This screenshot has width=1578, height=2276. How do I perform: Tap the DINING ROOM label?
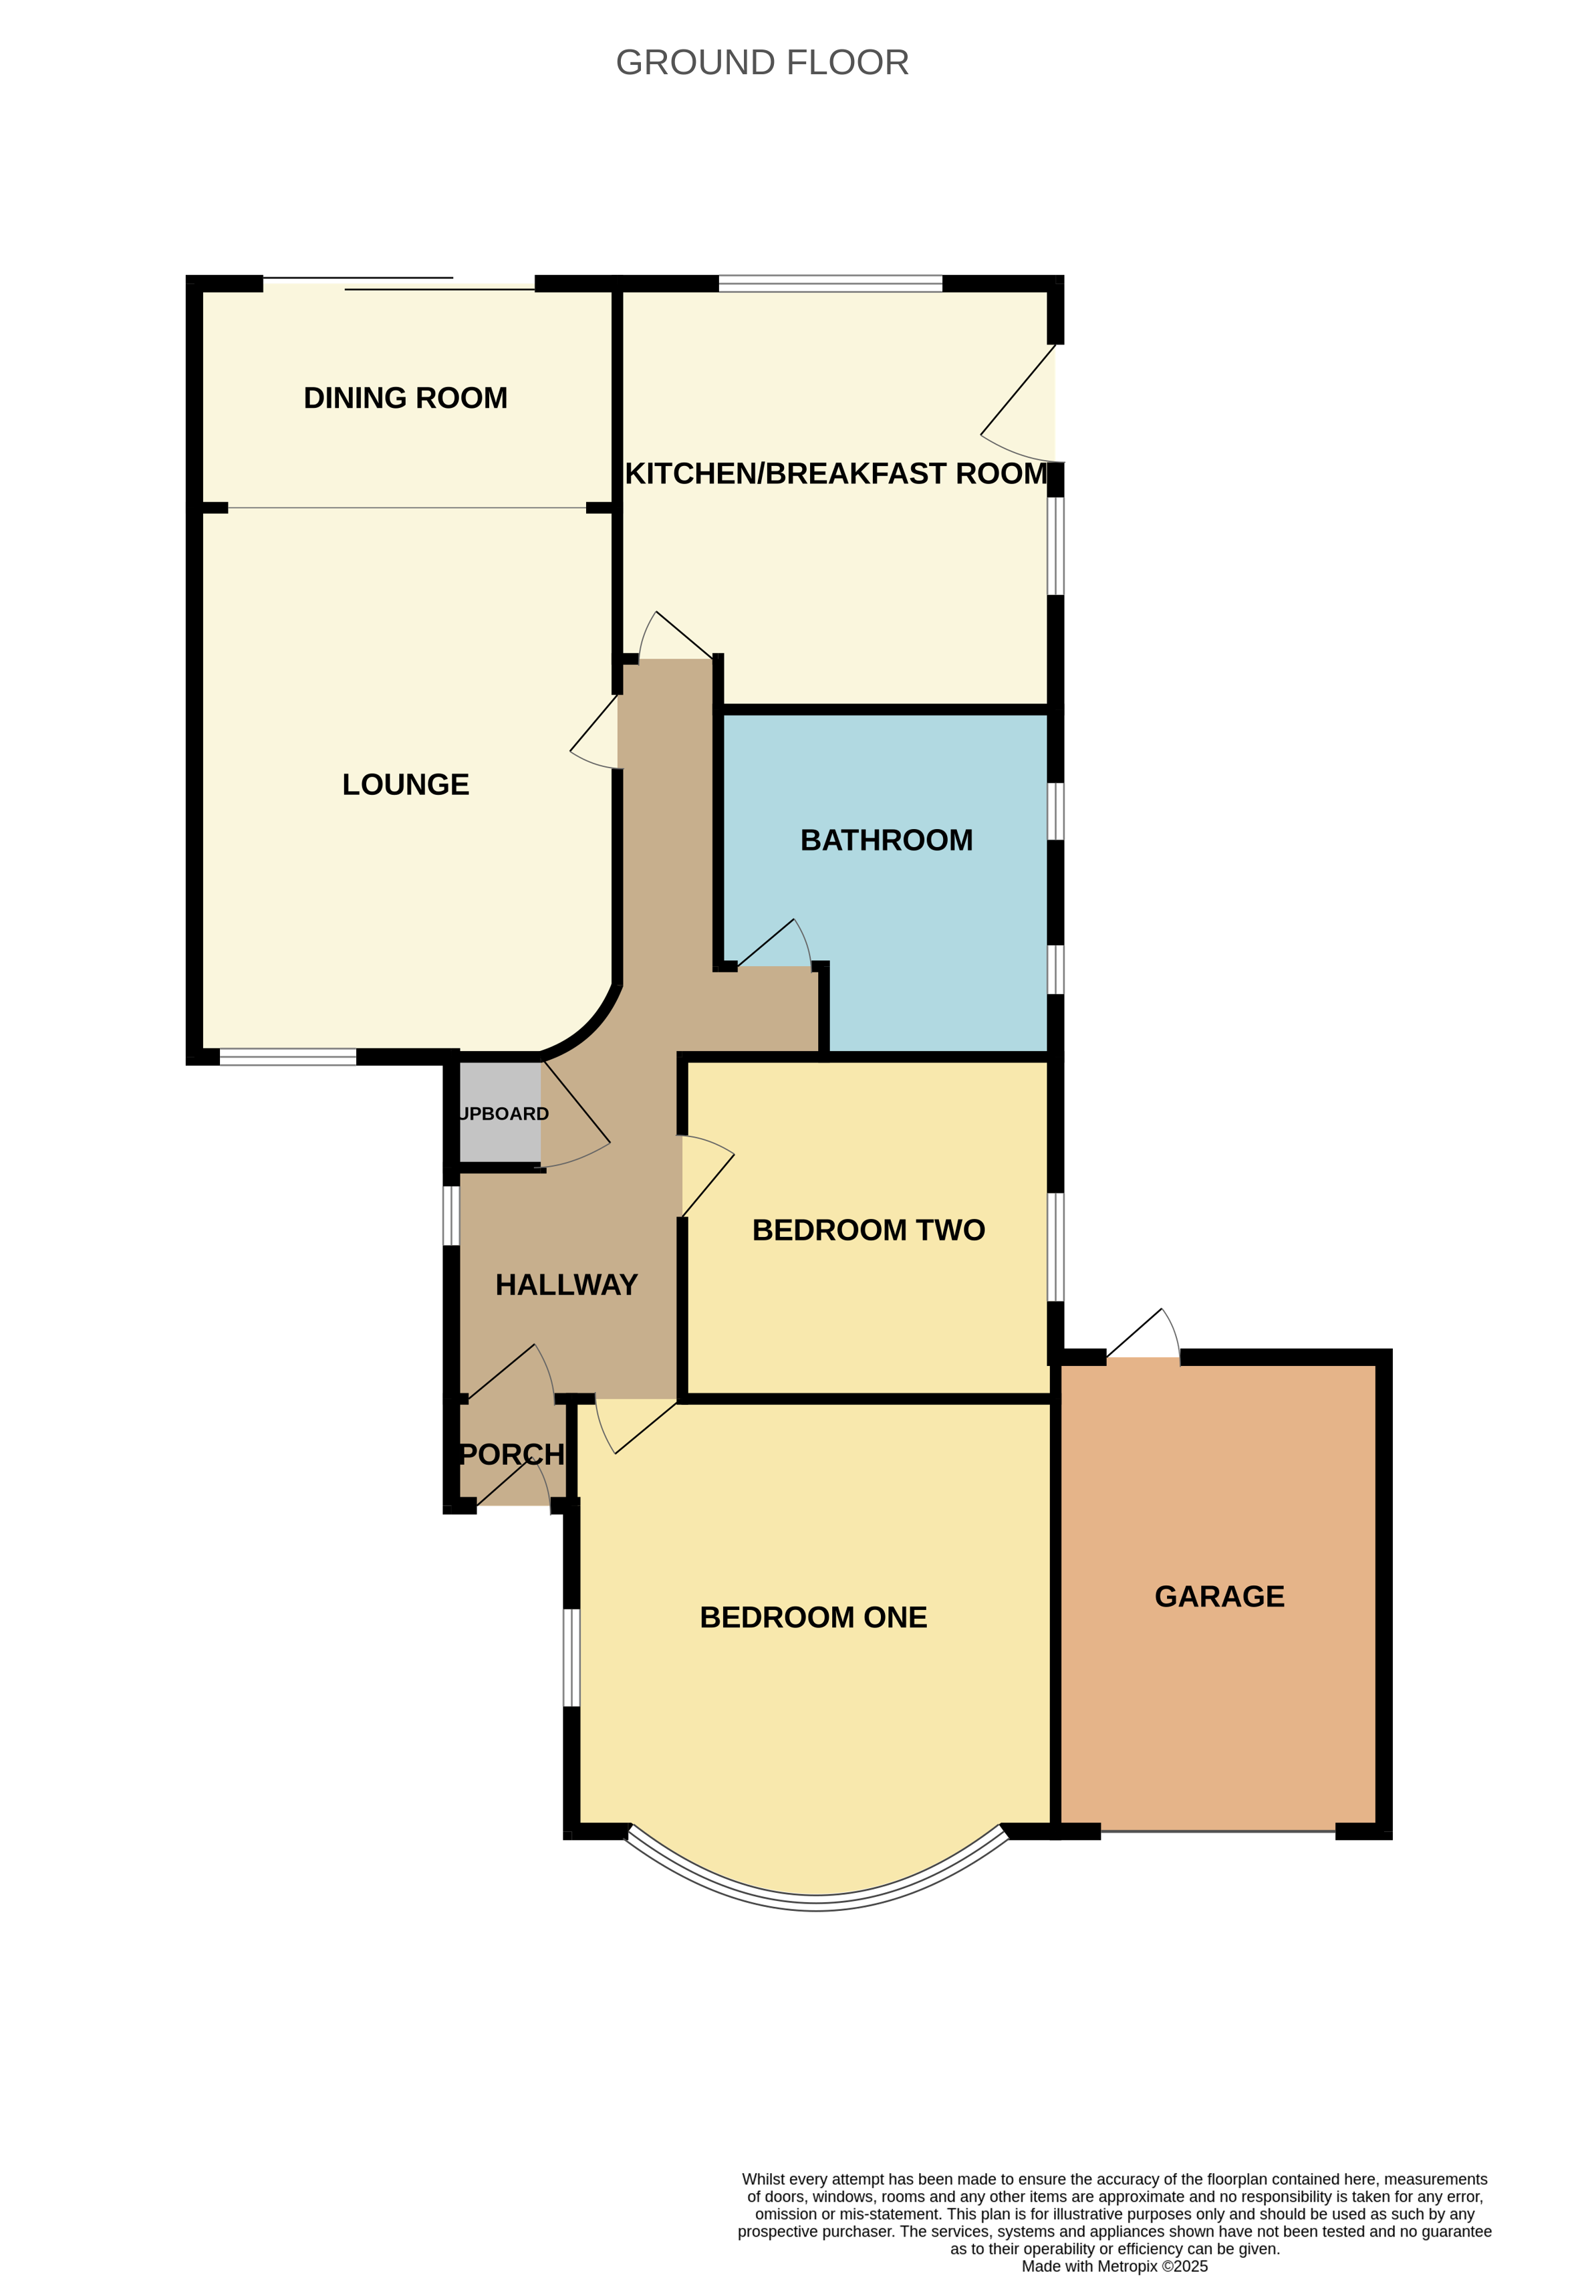tap(406, 398)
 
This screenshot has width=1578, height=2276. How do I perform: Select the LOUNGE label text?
tap(406, 784)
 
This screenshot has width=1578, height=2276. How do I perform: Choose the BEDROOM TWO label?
tap(869, 1230)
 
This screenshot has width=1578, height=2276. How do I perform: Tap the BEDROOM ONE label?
tap(813, 1617)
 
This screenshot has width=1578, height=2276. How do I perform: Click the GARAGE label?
tap(1220, 1597)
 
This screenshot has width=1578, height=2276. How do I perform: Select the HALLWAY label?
tap(567, 1285)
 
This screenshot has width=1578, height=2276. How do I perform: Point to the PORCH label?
tap(512, 1455)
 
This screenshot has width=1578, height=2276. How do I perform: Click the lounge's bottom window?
tap(287, 1057)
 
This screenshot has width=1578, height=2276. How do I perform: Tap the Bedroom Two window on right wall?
tap(1056, 1246)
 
